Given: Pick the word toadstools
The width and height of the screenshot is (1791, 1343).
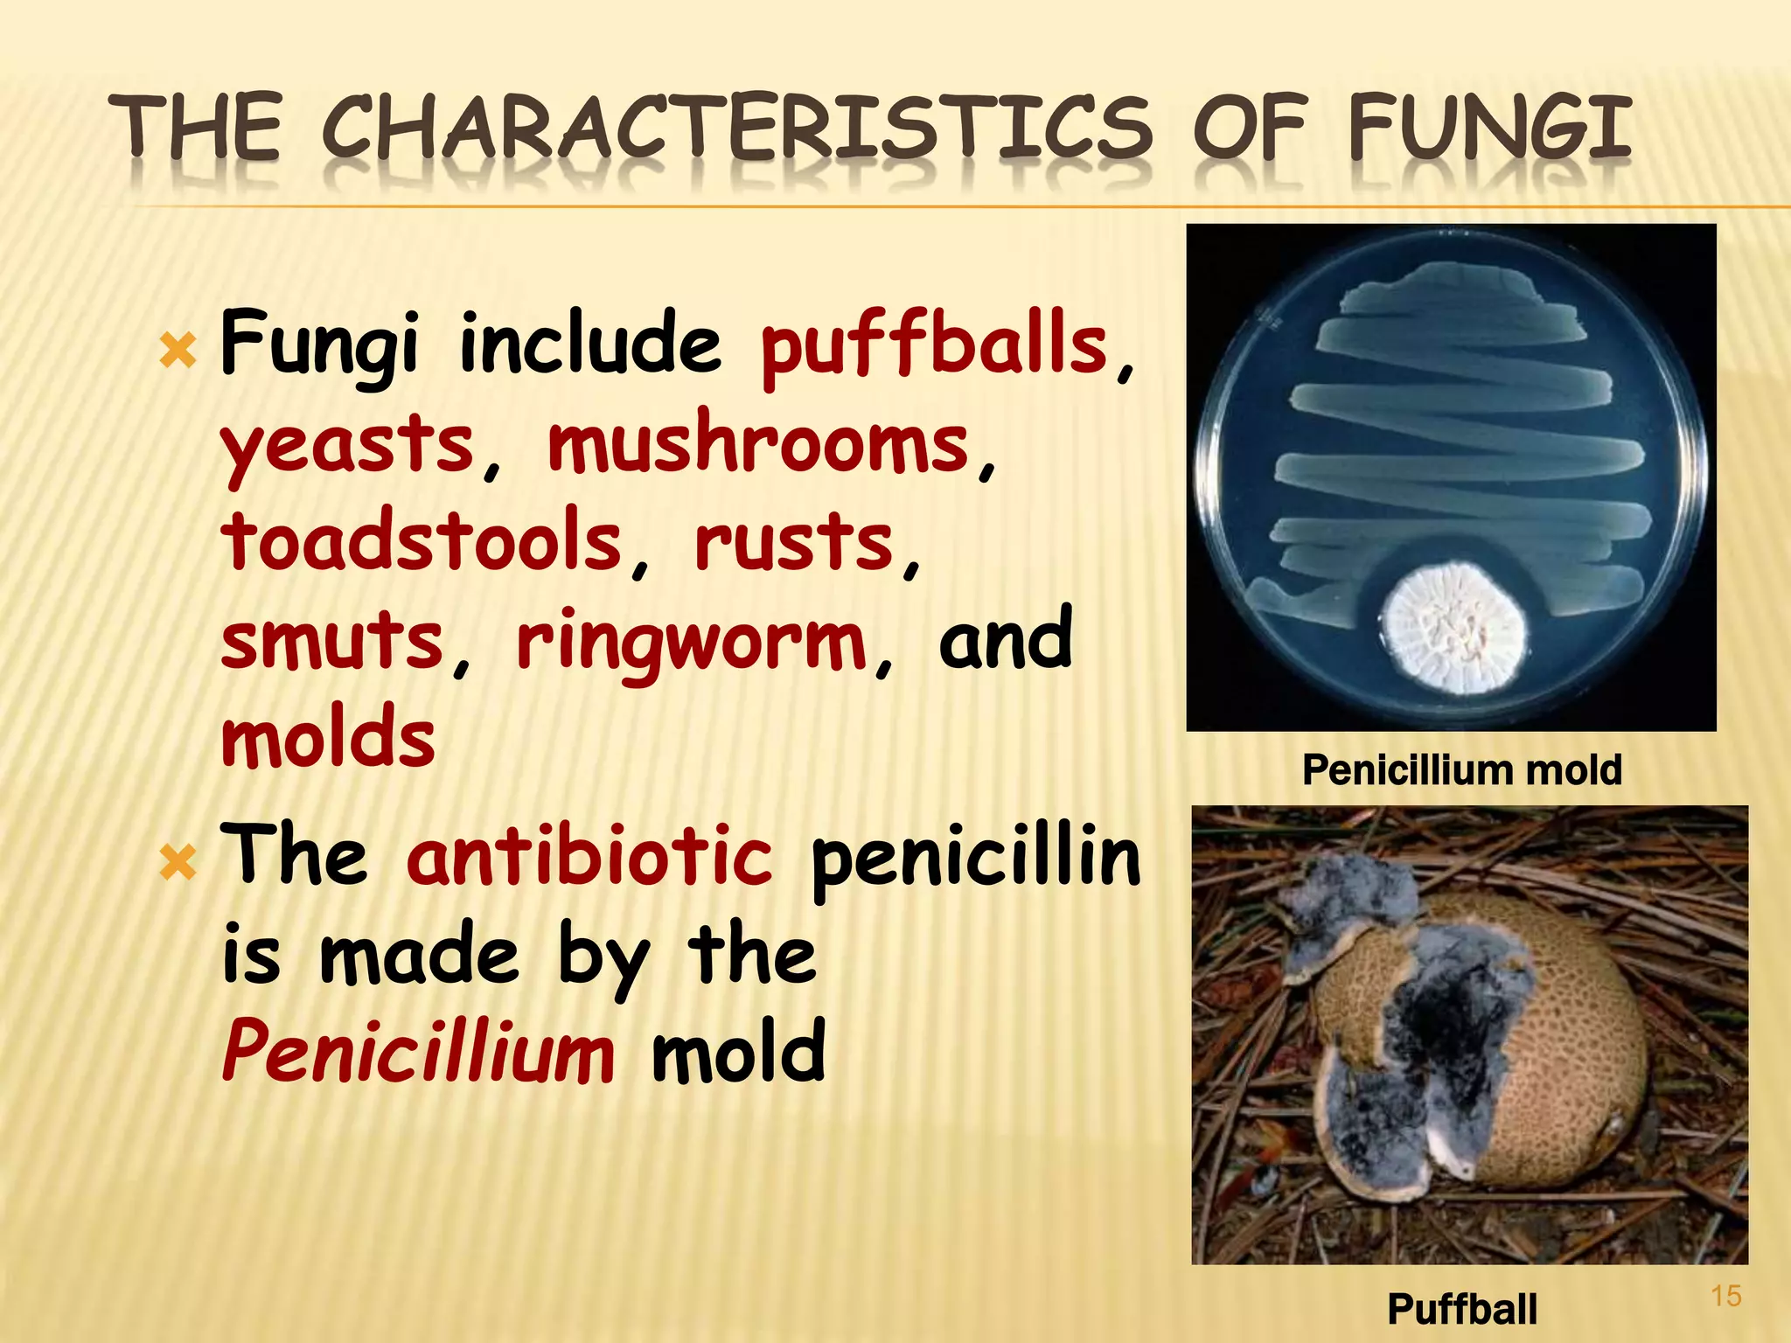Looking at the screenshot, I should point(421,542).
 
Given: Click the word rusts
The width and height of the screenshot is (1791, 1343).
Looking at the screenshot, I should point(794,542).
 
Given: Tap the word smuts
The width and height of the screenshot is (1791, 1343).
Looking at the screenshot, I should point(332,640).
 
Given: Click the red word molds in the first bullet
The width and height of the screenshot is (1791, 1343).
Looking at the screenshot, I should point(328,739).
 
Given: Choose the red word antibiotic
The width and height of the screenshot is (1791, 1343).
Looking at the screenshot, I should point(589,857).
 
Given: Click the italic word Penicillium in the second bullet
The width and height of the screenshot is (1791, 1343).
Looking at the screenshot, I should point(418,1052).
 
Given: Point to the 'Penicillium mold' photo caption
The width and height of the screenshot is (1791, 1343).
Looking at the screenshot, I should point(1461,770).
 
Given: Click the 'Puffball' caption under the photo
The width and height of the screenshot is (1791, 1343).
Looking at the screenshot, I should point(1461,1309).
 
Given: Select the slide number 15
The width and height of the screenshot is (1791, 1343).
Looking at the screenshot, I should point(1725,1295).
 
